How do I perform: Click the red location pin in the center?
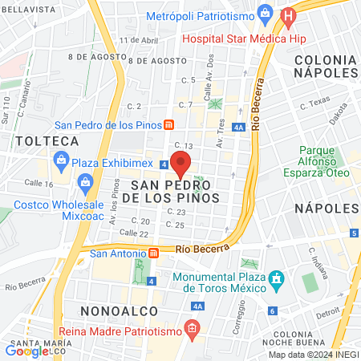(180, 164)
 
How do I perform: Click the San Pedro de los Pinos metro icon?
(169, 124)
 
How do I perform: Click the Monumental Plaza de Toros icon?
(277, 281)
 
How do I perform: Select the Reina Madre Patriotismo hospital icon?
(190, 327)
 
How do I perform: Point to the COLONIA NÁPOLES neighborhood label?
(324, 67)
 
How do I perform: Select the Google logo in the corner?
(26, 350)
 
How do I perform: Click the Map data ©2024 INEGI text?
(313, 355)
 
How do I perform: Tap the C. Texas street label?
(314, 104)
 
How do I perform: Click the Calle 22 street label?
(134, 233)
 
